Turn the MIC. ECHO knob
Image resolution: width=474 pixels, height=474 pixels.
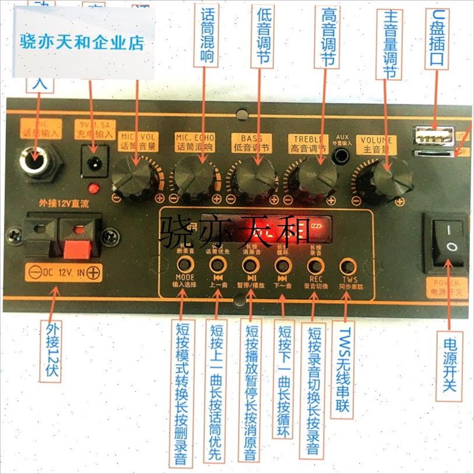194,175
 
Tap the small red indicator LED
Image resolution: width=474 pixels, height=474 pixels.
92,189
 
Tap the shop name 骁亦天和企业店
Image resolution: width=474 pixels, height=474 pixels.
82,43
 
